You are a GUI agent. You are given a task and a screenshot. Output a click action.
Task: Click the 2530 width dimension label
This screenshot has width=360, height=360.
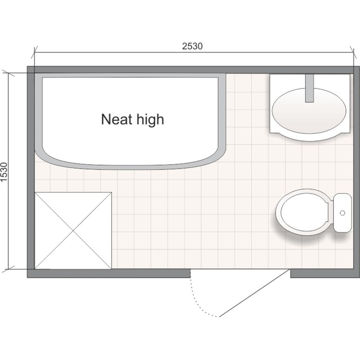pyautogui.click(x=192, y=46)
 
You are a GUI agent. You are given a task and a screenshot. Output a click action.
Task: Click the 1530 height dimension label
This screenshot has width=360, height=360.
pyautogui.click(x=4, y=172)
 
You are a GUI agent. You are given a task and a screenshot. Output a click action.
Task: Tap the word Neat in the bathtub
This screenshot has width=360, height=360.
pyautogui.click(x=117, y=119)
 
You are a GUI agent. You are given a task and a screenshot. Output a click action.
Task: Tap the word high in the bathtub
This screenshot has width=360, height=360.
pyautogui.click(x=150, y=120)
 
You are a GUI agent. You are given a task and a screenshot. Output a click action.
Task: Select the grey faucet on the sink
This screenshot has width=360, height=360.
pyautogui.click(x=310, y=88)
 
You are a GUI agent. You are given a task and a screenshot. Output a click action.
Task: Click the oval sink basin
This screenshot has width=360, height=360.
pyautogui.click(x=309, y=111)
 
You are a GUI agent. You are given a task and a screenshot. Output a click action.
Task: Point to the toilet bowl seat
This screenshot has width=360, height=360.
pyautogui.click(x=304, y=212)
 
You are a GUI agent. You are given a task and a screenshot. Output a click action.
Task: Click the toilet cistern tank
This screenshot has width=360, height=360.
pyautogui.click(x=343, y=213)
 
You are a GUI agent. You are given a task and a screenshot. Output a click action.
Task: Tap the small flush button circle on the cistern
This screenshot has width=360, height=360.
pyautogui.click(x=343, y=213)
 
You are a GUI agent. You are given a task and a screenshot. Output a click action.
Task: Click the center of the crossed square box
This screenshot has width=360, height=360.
pyautogui.click(x=73, y=231)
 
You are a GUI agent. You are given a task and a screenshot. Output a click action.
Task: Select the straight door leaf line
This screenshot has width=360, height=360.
pyautogui.click(x=254, y=293)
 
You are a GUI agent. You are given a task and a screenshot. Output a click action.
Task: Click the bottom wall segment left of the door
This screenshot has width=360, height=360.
pyautogui.click(x=109, y=274)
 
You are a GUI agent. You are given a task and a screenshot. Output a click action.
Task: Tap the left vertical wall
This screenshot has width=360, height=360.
pyautogui.click(x=31, y=172)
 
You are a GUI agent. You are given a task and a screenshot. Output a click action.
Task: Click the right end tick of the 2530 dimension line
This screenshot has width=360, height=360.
pyautogui.click(x=353, y=52)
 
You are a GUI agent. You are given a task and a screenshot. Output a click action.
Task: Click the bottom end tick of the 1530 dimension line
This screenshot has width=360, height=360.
pyautogui.click(x=8, y=269)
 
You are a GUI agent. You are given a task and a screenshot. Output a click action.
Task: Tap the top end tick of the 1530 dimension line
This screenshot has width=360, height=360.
pyautogui.click(x=8, y=73)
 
